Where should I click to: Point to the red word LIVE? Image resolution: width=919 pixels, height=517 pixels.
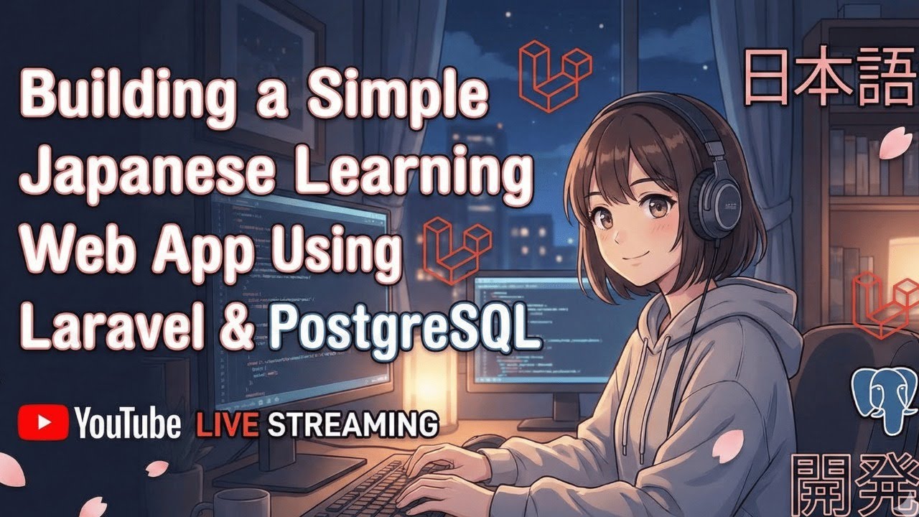coord(227,424)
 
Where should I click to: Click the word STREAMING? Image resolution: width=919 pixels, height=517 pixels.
coord(353,424)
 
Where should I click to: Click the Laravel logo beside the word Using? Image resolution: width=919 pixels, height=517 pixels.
coord(458,253)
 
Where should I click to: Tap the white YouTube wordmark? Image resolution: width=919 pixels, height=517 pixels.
coord(127,424)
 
